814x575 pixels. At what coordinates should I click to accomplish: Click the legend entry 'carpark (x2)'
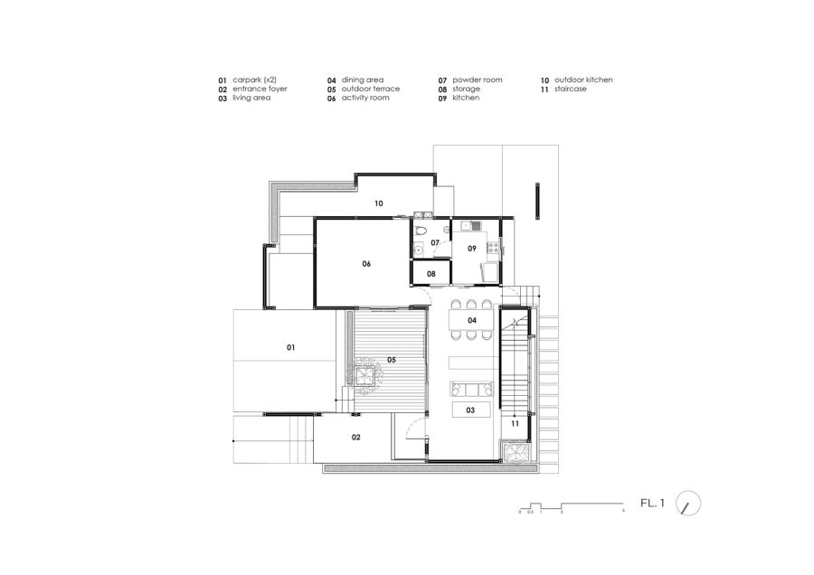click(254, 80)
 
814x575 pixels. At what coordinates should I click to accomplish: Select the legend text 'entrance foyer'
click(260, 90)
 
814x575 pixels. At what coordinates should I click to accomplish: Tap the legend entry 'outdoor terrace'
click(370, 90)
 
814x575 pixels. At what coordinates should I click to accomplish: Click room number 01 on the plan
click(291, 346)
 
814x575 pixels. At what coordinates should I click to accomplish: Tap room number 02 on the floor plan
click(356, 438)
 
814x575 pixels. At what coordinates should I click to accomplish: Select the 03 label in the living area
click(471, 410)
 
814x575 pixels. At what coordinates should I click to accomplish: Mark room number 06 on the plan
click(367, 264)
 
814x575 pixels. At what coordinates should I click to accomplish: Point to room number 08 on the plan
click(431, 273)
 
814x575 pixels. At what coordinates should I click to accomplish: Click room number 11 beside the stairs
click(514, 423)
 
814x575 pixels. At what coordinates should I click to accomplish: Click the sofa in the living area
click(470, 390)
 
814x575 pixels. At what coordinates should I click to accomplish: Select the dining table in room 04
click(472, 321)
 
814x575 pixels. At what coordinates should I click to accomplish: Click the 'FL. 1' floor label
click(652, 504)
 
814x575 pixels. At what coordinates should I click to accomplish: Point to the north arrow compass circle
click(689, 504)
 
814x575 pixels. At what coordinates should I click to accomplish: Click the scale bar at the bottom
click(571, 506)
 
